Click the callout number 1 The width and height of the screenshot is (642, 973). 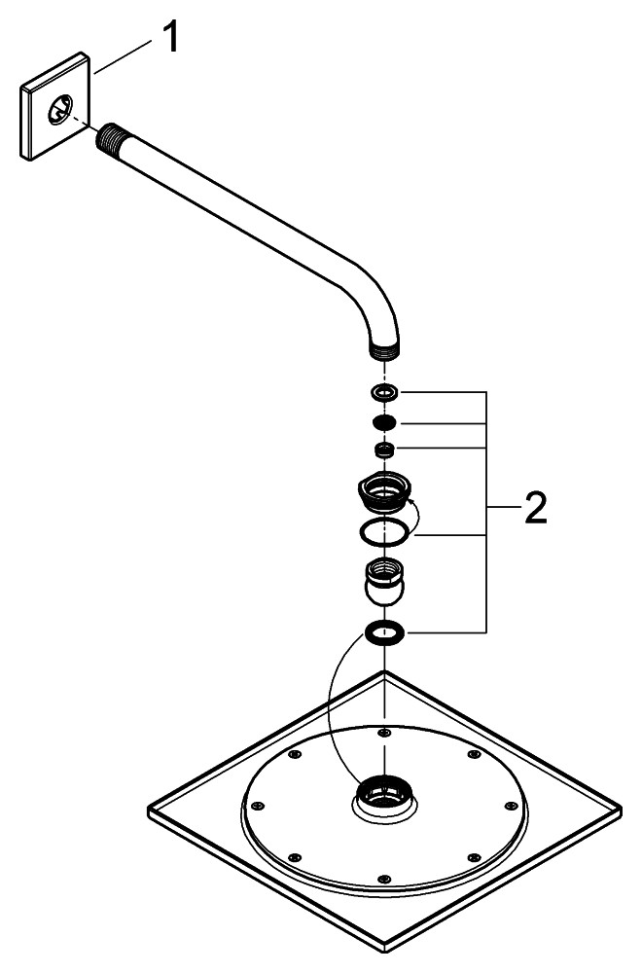tap(169, 40)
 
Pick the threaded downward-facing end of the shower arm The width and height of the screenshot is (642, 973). tap(386, 345)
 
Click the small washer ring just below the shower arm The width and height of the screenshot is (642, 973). tap(386, 392)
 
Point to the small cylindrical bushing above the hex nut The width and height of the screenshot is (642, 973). tap(386, 450)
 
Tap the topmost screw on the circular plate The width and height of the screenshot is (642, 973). tap(385, 732)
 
